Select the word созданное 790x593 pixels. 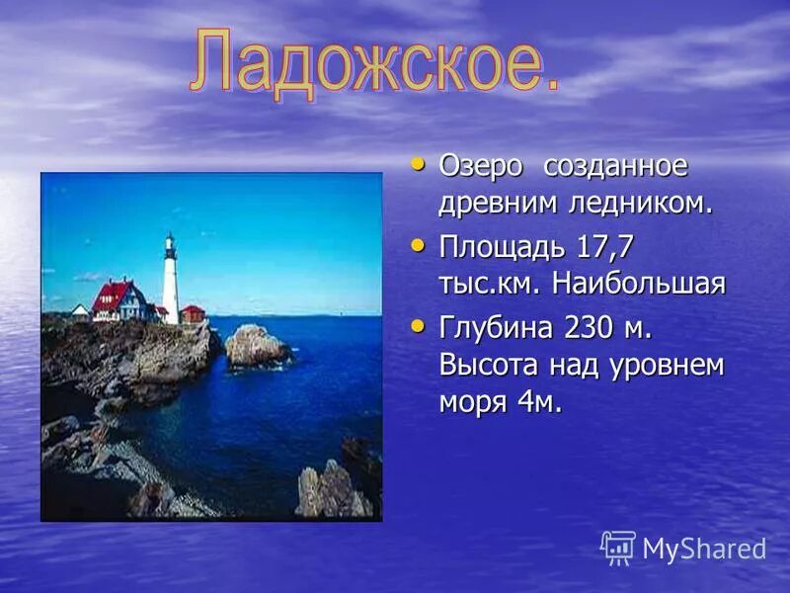615,167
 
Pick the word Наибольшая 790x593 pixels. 640,285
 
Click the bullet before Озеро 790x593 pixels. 419,163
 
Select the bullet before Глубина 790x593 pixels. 419,323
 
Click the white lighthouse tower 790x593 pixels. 171,282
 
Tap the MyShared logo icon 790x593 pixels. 618,548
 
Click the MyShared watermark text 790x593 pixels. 704,550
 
